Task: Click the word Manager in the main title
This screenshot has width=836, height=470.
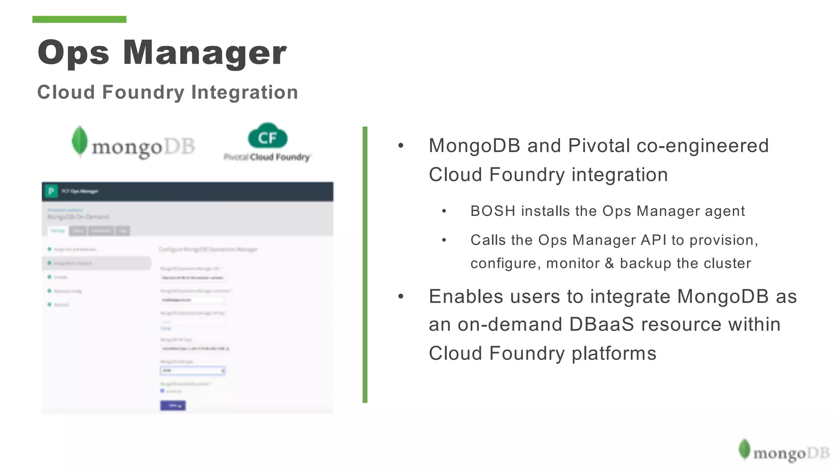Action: [x=205, y=53]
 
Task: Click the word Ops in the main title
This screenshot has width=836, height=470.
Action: [x=73, y=53]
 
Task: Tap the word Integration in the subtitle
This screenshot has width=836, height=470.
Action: [x=245, y=92]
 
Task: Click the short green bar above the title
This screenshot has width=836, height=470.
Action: [x=79, y=19]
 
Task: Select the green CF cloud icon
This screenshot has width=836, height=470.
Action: [x=267, y=137]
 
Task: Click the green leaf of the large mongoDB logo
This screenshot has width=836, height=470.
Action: [x=80, y=141]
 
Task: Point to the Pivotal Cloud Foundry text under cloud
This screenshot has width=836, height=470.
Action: [x=267, y=157]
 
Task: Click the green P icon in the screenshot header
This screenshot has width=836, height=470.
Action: [x=51, y=191]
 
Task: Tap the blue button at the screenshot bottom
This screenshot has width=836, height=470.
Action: [x=173, y=405]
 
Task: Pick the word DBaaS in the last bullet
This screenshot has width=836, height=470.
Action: [x=602, y=325]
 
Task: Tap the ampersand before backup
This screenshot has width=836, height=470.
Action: [x=609, y=263]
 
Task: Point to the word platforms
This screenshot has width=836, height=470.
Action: [x=614, y=353]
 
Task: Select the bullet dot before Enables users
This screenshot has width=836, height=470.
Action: [x=401, y=297]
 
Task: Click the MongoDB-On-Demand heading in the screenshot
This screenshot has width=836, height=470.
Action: [x=78, y=217]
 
